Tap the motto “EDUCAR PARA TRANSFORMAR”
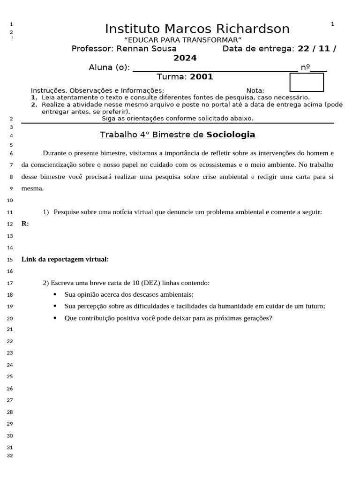pyautogui.click(x=182, y=40)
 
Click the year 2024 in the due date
pyautogui.click(x=185, y=58)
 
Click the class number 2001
pyautogui.click(x=202, y=77)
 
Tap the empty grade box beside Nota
pyautogui.click(x=307, y=82)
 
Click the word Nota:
pyautogui.click(x=255, y=90)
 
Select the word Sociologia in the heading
pyautogui.click(x=231, y=135)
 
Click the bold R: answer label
pyautogui.click(x=25, y=224)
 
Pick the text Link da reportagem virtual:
pyautogui.click(x=65, y=259)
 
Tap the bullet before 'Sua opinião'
pyautogui.click(x=55, y=294)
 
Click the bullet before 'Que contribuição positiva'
pyautogui.click(x=55, y=318)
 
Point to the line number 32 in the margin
pyautogui.click(x=11, y=456)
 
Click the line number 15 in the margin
pyautogui.click(x=11, y=260)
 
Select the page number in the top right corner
pyautogui.click(x=332, y=24)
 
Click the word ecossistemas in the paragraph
pyautogui.click(x=257, y=165)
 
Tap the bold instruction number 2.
pyautogui.click(x=34, y=105)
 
